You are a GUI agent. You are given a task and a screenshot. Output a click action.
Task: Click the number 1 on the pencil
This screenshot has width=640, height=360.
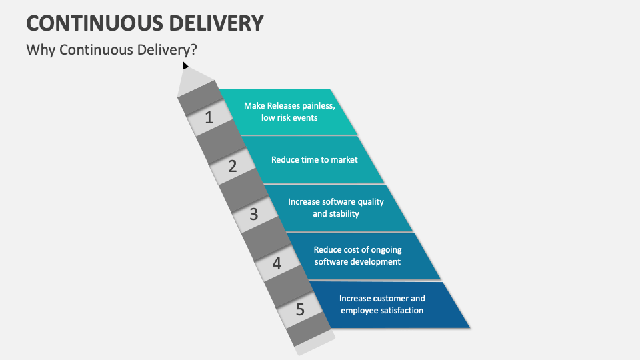click(x=209, y=118)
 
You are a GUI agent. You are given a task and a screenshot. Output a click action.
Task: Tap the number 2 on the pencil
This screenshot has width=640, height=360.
click(x=232, y=166)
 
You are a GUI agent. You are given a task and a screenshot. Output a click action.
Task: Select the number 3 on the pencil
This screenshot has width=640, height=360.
click(x=253, y=214)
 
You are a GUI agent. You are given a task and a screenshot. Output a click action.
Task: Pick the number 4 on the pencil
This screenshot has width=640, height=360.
click(x=277, y=263)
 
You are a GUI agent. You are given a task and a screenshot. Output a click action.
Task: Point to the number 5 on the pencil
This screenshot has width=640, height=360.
click(x=300, y=309)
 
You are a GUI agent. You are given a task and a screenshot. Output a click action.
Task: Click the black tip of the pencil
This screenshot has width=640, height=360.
click(x=185, y=65)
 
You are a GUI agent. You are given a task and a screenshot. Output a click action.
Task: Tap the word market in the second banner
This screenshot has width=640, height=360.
click(x=345, y=159)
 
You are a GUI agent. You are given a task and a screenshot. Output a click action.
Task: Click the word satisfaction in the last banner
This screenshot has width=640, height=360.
click(x=399, y=310)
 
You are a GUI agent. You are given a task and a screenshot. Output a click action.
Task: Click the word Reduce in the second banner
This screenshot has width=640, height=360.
click(x=285, y=159)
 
